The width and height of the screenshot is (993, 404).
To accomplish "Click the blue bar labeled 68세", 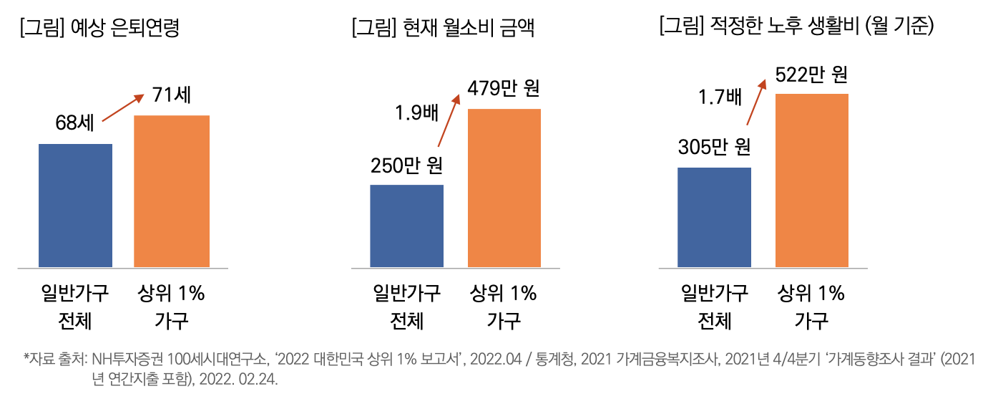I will coord(75,206).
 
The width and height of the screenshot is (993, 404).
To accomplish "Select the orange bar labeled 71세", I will coord(172,191).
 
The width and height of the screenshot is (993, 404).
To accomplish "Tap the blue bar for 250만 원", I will coord(406,226).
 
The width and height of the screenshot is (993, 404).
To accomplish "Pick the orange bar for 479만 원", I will coord(504,188).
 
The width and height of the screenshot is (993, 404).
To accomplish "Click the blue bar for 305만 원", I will coord(714,217).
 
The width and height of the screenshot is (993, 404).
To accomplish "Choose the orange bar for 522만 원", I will coord(812,180).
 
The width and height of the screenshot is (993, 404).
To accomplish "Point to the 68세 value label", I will coord(74,123).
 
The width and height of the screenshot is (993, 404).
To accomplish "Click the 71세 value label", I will coord(171,95).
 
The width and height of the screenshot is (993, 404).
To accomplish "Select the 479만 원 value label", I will coord(504,89).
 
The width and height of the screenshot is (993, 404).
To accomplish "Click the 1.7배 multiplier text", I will coord(720,95).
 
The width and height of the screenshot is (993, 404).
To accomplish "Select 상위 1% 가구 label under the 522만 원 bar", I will coord(812,307).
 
